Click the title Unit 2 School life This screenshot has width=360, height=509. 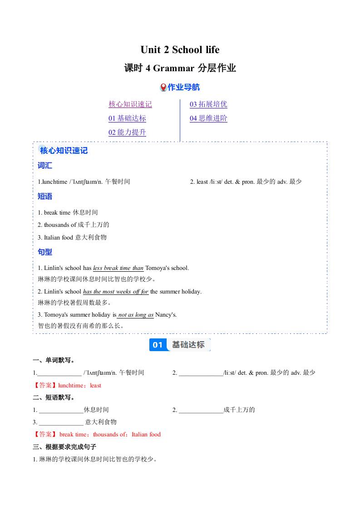180,49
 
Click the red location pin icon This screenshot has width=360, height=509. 163,87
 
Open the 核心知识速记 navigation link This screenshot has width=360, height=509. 130,104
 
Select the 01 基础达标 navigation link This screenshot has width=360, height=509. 127,118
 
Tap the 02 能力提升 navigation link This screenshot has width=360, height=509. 127,132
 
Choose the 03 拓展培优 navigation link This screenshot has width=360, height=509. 208,104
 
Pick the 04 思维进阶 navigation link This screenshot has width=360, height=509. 208,118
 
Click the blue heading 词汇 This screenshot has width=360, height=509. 45,166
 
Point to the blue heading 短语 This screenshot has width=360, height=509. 45,196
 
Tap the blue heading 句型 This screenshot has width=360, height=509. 45,252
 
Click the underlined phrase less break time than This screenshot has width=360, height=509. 118,268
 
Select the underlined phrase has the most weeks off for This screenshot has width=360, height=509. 116,292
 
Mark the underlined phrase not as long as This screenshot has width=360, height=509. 136,315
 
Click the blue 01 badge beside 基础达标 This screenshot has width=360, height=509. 158,345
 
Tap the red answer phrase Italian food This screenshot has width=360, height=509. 146,435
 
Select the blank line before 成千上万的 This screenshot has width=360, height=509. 201,410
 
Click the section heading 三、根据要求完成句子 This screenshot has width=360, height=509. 64,447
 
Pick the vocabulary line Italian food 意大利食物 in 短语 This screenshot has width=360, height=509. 72,237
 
